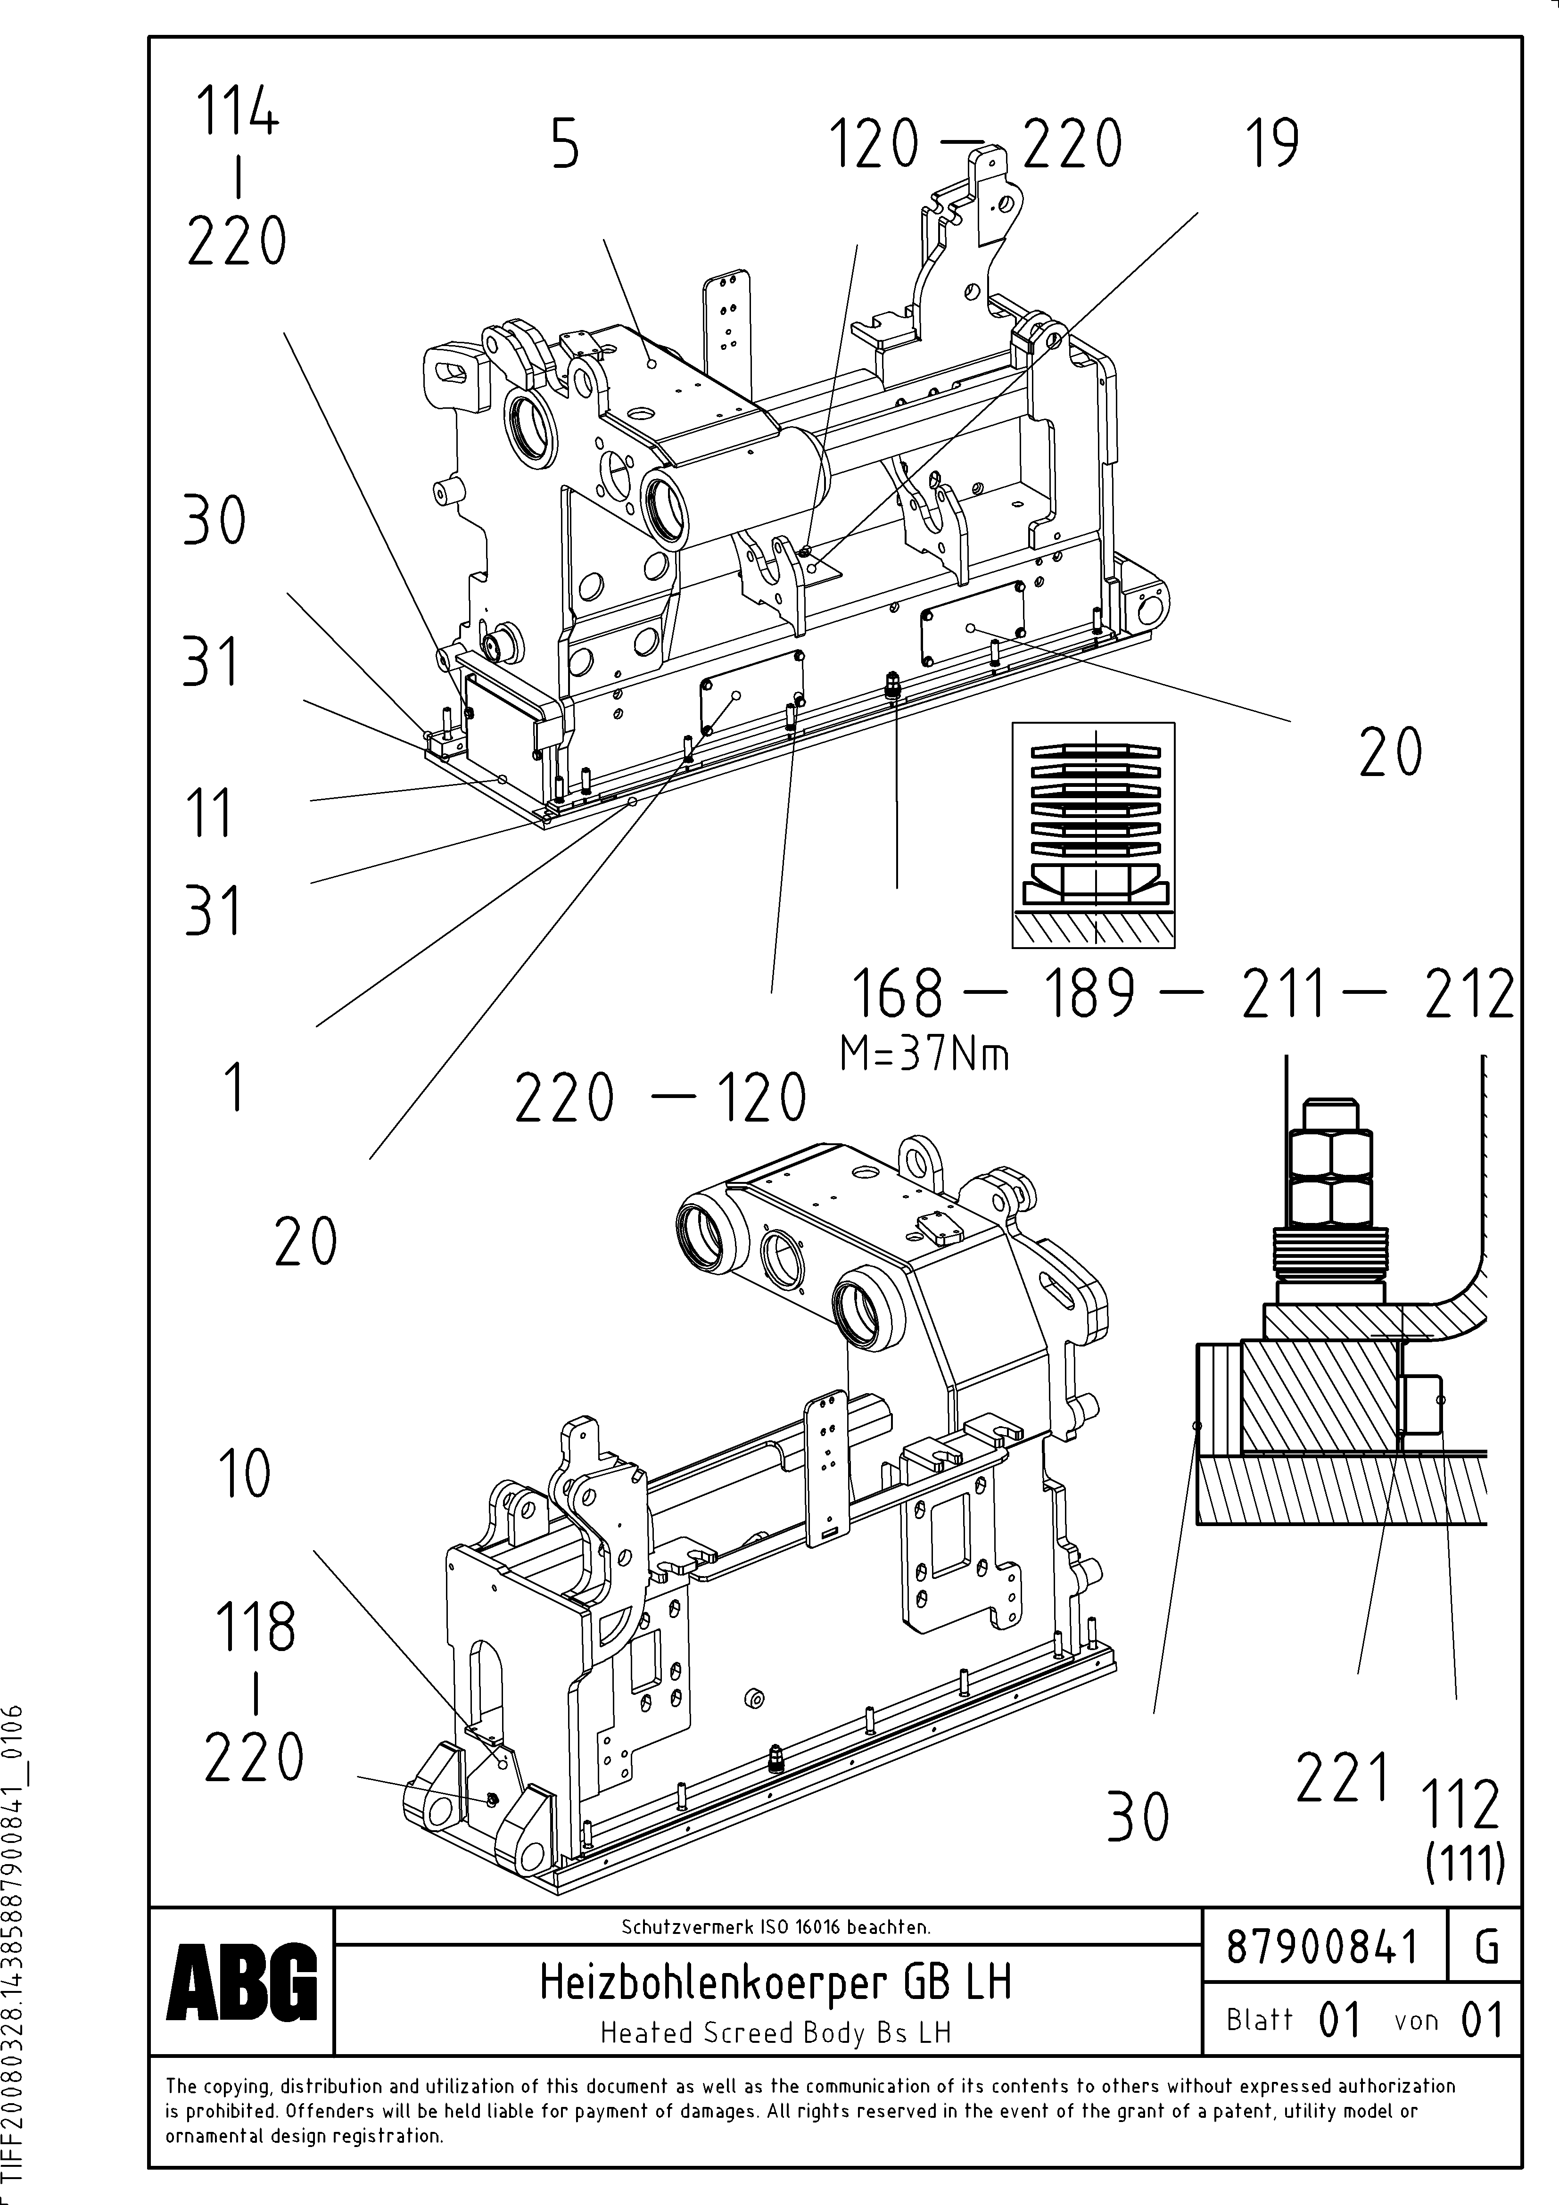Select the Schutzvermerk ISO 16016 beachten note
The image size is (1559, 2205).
[x=775, y=1926]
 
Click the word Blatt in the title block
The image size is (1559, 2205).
[x=1259, y=2020]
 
